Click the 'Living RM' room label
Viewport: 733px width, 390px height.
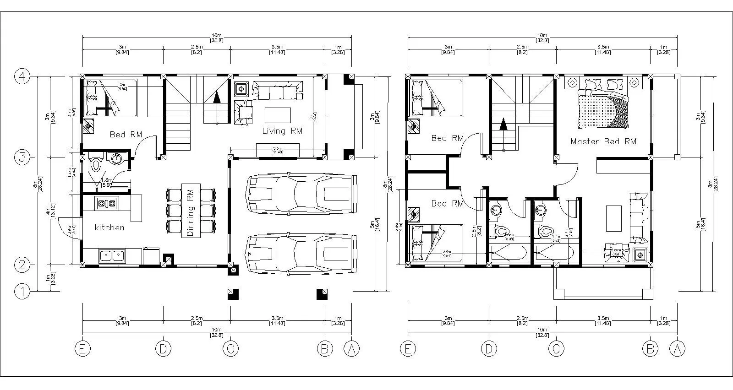[x=282, y=131]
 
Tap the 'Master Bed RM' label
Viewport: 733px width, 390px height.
[x=603, y=141]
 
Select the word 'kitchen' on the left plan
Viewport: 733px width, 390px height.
[x=109, y=227]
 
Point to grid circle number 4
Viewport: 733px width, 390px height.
[x=22, y=76]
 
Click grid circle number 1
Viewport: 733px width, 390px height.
[x=22, y=291]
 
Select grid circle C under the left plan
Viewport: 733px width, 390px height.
[x=230, y=349]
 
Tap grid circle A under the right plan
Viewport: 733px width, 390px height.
[x=677, y=349]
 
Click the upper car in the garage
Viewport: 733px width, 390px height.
[x=301, y=193]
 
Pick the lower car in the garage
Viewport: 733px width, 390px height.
[x=301, y=255]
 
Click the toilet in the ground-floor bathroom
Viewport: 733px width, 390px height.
[x=96, y=163]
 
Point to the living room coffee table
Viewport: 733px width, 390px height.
[x=278, y=115]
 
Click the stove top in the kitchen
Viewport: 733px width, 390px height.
[x=106, y=203]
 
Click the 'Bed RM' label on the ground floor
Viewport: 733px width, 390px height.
[x=126, y=135]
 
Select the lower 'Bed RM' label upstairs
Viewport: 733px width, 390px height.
[x=447, y=203]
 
